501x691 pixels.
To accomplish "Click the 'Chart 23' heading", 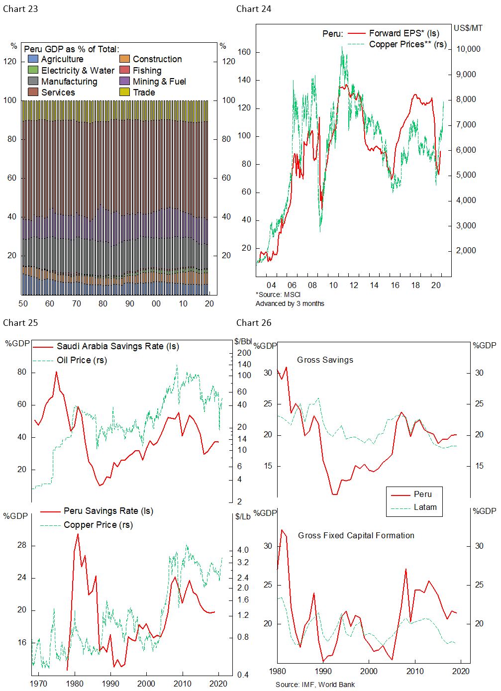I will (x=20, y=9).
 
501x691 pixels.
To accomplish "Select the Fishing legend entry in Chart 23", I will (x=147, y=71).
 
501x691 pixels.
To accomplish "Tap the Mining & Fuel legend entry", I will (x=159, y=82).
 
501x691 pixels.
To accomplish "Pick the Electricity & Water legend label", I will (x=78, y=71).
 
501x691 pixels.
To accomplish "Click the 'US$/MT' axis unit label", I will (x=468, y=28).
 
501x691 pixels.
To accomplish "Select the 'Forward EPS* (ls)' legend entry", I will (x=404, y=33).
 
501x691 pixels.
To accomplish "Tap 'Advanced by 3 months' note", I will (x=290, y=303).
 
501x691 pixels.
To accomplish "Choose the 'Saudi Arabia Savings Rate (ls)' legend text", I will (x=117, y=346).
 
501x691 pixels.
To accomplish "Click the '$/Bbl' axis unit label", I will (x=243, y=341).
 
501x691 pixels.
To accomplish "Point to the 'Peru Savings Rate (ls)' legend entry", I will (x=108, y=511).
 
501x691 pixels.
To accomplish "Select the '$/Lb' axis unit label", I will (x=243, y=516).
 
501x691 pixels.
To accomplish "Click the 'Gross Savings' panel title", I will (x=325, y=360).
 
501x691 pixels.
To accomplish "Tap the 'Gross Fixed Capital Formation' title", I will (x=356, y=535).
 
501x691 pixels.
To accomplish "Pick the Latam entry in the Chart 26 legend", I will (x=425, y=507).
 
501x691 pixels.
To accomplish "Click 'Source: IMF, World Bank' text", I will (x=315, y=685).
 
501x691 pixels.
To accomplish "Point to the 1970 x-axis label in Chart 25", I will (x=39, y=683).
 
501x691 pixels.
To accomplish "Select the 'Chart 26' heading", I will (x=254, y=323).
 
